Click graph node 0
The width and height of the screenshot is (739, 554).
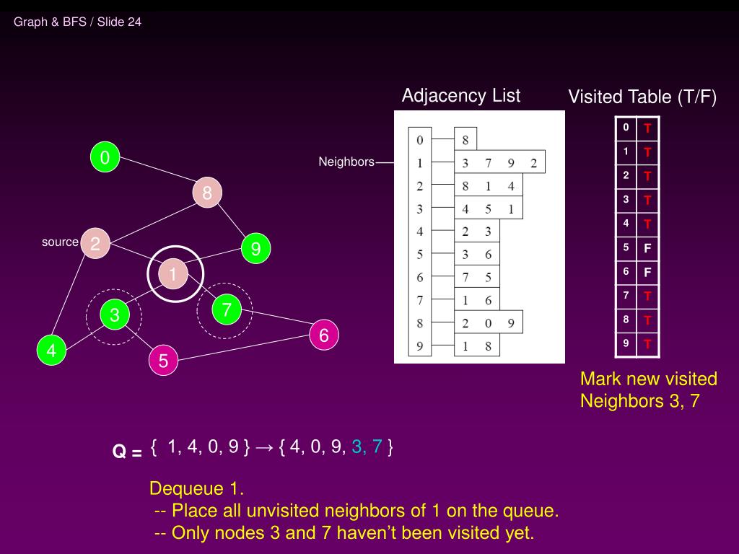pyautogui.click(x=105, y=157)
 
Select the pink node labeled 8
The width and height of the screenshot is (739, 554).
pyautogui.click(x=207, y=192)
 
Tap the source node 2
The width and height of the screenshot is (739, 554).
pyautogui.click(x=95, y=243)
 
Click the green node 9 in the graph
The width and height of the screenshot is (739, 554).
pyautogui.click(x=255, y=248)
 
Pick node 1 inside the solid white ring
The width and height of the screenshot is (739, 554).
pyautogui.click(x=173, y=273)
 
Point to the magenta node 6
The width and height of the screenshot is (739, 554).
pyautogui.click(x=324, y=335)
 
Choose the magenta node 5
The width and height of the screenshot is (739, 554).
pyautogui.click(x=163, y=361)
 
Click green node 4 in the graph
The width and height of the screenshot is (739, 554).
pyautogui.click(x=51, y=350)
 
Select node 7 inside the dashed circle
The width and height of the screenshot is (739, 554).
pyautogui.click(x=227, y=309)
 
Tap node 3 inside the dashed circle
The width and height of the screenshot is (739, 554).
pyautogui.click(x=115, y=315)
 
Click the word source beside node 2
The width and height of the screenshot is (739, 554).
pyautogui.click(x=60, y=242)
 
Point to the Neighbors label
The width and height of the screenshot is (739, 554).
pyautogui.click(x=346, y=162)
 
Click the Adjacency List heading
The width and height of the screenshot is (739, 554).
pyautogui.click(x=461, y=96)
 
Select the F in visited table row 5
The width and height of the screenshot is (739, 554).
pyautogui.click(x=647, y=248)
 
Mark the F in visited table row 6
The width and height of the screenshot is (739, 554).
pyautogui.click(x=647, y=272)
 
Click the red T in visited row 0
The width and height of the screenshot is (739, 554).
pyautogui.click(x=647, y=128)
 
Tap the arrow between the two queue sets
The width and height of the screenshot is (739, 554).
pyautogui.click(x=264, y=447)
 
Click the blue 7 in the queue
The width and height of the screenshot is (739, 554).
pyautogui.click(x=377, y=446)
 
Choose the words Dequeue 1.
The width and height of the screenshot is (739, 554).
pyautogui.click(x=196, y=488)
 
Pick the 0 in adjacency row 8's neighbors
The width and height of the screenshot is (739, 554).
pyautogui.click(x=488, y=323)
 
